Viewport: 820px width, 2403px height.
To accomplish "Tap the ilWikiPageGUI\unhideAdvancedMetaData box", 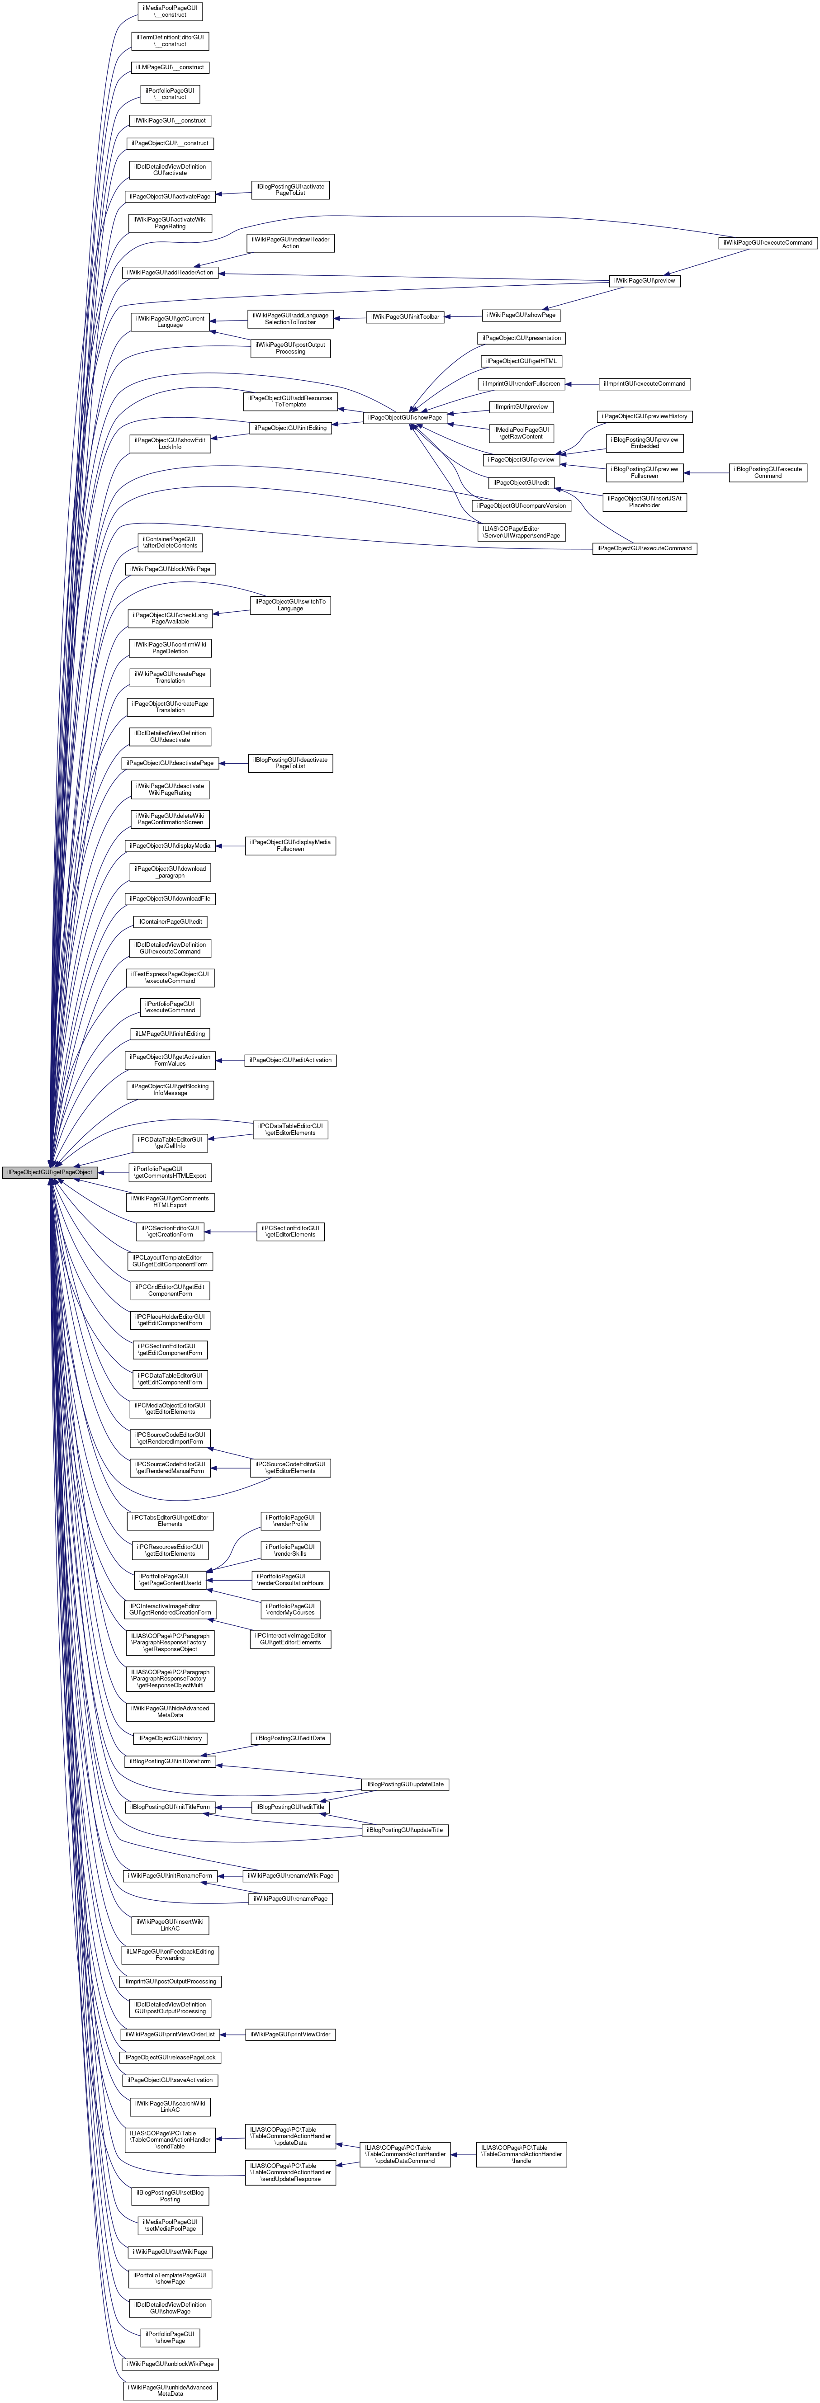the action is [x=170, y=2390].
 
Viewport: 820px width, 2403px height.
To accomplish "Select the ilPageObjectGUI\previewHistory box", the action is [x=645, y=416].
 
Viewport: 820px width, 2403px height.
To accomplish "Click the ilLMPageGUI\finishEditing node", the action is [x=170, y=1034].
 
